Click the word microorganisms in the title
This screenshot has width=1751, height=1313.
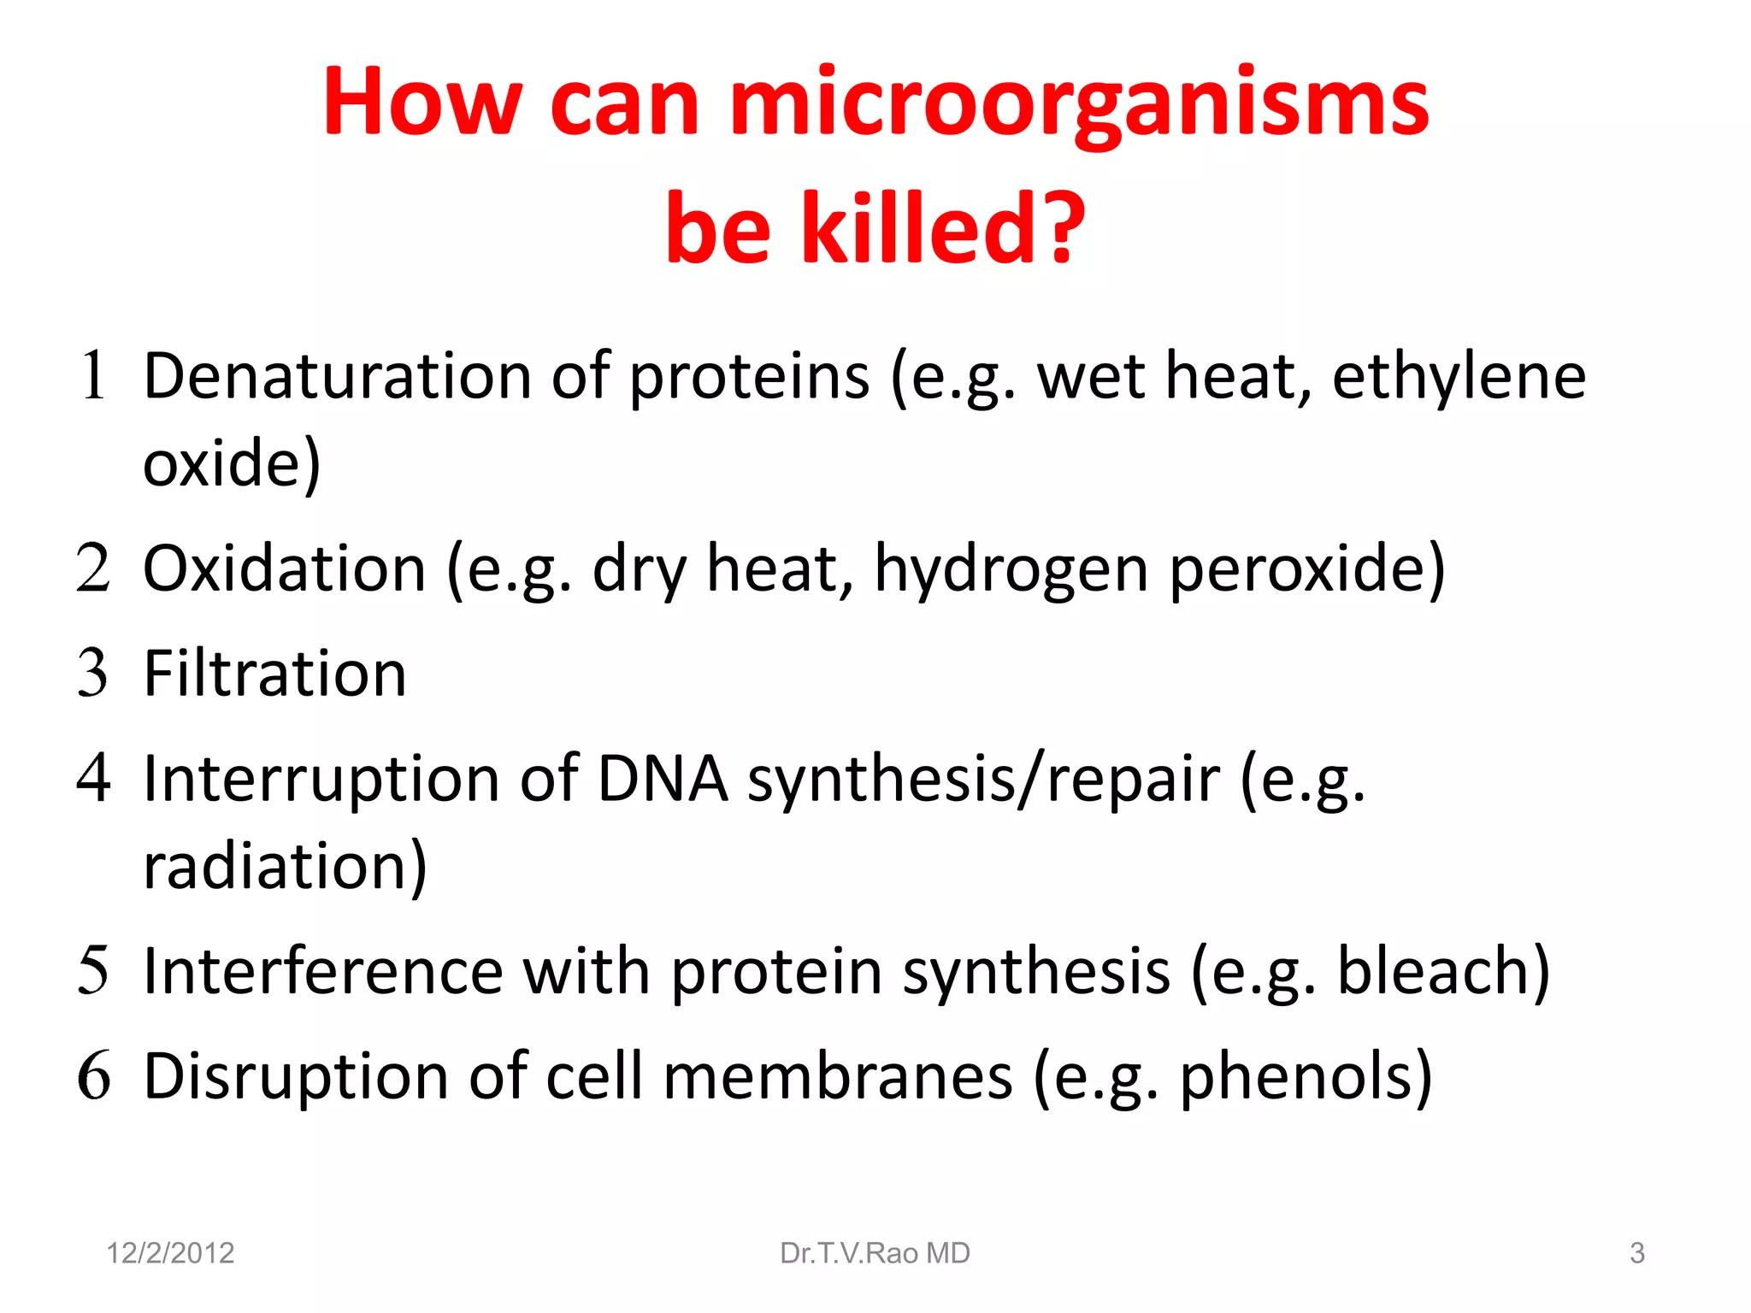(1079, 104)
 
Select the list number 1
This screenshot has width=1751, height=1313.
(93, 376)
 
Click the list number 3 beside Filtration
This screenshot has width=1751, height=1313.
(93, 674)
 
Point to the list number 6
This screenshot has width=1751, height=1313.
(93, 1076)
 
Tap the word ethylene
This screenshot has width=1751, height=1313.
(1459, 376)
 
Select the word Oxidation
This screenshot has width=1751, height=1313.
(284, 568)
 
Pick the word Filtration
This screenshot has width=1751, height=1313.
(274, 674)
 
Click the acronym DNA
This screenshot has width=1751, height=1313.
(663, 779)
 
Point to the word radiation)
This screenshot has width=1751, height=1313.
(285, 866)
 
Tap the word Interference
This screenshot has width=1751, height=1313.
(323, 971)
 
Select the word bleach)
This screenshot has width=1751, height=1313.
(1443, 971)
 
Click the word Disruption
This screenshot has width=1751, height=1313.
(295, 1076)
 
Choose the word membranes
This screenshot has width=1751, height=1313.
(838, 1076)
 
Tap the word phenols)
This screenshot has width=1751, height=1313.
(1306, 1076)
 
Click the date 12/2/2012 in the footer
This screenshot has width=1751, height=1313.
(170, 1253)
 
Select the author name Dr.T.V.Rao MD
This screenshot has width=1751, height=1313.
(875, 1253)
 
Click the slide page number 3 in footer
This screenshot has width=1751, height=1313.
(1636, 1253)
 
